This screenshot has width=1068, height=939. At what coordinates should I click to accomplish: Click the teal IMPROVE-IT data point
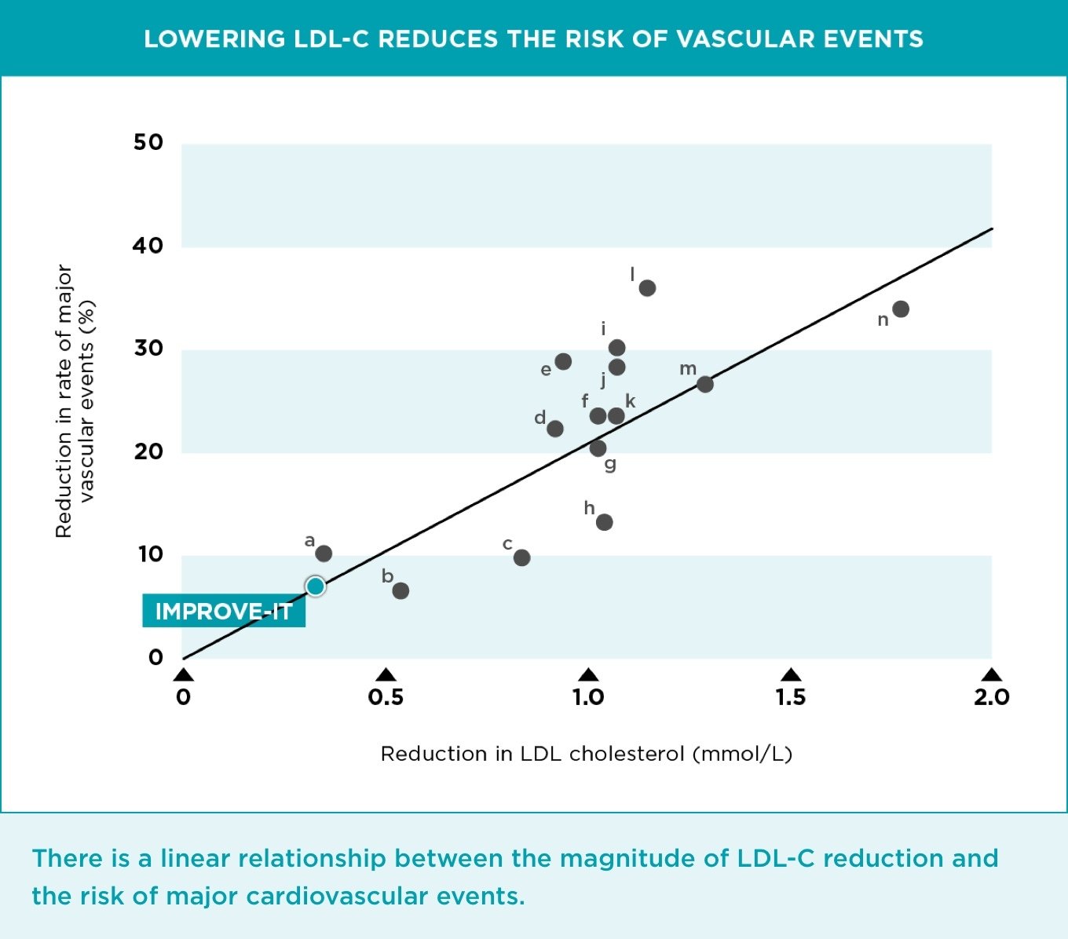click(x=316, y=586)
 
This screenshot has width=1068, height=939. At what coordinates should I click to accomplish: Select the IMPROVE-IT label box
click(x=224, y=612)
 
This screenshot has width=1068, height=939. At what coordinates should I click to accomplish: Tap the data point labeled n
click(x=901, y=309)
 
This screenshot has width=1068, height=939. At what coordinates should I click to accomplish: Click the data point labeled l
click(x=647, y=288)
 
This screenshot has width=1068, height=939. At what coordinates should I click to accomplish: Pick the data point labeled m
click(x=705, y=384)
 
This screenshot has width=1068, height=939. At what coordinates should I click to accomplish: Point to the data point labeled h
click(x=604, y=522)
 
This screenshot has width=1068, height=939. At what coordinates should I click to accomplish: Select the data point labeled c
click(x=521, y=557)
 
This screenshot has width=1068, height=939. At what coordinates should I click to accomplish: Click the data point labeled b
click(x=400, y=590)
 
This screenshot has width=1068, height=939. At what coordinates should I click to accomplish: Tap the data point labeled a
click(x=324, y=554)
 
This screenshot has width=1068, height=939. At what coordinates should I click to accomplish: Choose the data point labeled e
click(x=563, y=361)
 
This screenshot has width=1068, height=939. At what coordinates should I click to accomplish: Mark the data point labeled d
click(x=555, y=429)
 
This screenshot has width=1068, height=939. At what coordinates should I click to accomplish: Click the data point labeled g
click(x=598, y=448)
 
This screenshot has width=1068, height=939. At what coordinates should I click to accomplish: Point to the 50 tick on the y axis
click(x=148, y=142)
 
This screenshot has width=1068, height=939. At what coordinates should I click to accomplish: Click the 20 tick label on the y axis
click(x=148, y=451)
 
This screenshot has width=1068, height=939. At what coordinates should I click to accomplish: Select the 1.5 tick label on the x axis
click(x=790, y=697)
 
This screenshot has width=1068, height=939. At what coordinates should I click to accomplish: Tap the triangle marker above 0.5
click(x=386, y=675)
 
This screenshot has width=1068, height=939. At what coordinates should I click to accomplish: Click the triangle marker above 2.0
click(x=992, y=675)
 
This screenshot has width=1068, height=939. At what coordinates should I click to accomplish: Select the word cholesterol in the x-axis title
click(x=627, y=754)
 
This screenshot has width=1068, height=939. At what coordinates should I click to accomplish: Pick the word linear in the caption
click(x=195, y=858)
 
